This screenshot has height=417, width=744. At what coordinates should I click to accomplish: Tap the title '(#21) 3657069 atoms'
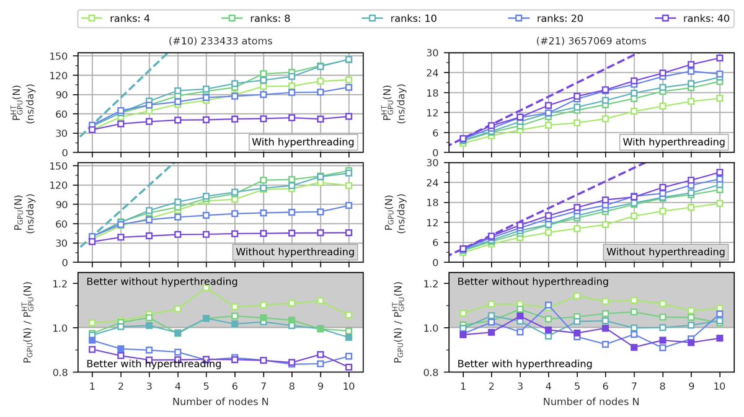click(x=591, y=42)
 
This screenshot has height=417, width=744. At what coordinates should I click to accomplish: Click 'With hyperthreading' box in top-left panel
click(x=304, y=143)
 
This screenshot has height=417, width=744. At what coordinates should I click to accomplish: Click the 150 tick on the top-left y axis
click(x=61, y=56)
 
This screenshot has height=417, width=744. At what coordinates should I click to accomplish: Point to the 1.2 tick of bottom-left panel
click(x=61, y=284)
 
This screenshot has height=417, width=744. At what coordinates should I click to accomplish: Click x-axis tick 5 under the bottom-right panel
click(x=576, y=385)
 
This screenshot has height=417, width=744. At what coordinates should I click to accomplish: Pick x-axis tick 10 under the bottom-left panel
click(x=348, y=385)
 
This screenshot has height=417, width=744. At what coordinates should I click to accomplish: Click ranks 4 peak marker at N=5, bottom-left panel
click(x=206, y=288)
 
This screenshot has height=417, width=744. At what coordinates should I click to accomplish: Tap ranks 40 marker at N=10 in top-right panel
click(x=719, y=58)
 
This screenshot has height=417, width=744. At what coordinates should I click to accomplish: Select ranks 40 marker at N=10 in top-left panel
click(x=348, y=116)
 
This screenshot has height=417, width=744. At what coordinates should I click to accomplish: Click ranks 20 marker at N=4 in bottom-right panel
click(x=547, y=305)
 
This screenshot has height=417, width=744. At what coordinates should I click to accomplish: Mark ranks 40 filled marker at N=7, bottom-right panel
click(x=633, y=348)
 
